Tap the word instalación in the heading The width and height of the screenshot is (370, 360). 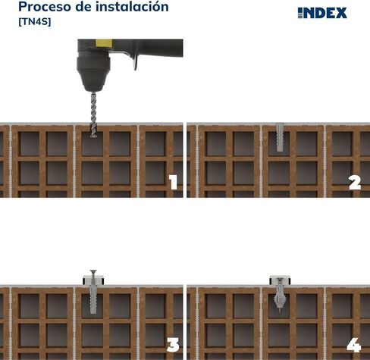point(132,6)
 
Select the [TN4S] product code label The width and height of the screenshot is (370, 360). point(35,22)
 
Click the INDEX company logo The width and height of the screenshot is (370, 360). point(322,13)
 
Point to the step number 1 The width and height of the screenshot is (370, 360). point(174,182)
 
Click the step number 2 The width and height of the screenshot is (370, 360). point(355,183)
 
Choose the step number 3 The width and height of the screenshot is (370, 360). point(173,345)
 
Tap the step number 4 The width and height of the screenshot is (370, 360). point(354,345)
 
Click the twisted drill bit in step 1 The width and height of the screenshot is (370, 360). point(93,115)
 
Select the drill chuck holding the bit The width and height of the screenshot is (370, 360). point(93,74)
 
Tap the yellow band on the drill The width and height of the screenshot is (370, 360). point(104,43)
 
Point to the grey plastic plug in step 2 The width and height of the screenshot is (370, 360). point(280,137)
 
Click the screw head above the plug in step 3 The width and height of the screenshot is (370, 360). point(93,271)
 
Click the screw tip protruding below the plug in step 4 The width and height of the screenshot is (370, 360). point(280,311)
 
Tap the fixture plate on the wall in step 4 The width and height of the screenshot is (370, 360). point(280,280)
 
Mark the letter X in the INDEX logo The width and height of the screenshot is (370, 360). point(341,13)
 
